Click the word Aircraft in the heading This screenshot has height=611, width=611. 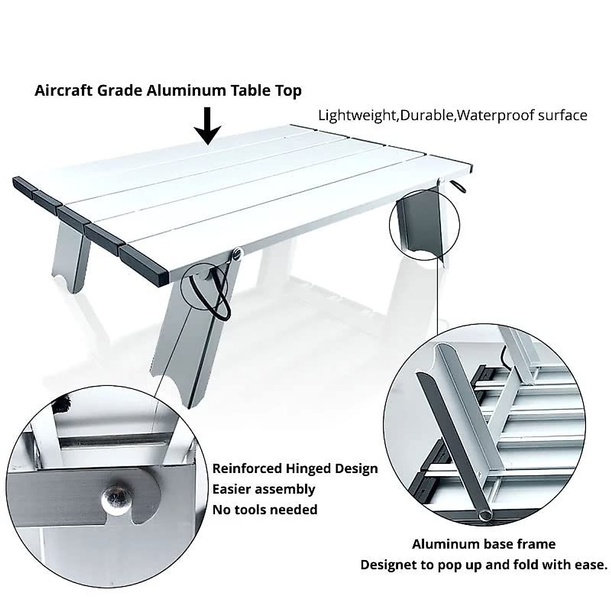pos(63,91)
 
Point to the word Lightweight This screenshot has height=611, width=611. pos(357,116)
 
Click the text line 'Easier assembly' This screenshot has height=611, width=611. pos(264,489)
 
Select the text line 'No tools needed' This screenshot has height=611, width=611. pos(265,510)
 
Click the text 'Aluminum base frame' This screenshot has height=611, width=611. pos(484,544)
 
